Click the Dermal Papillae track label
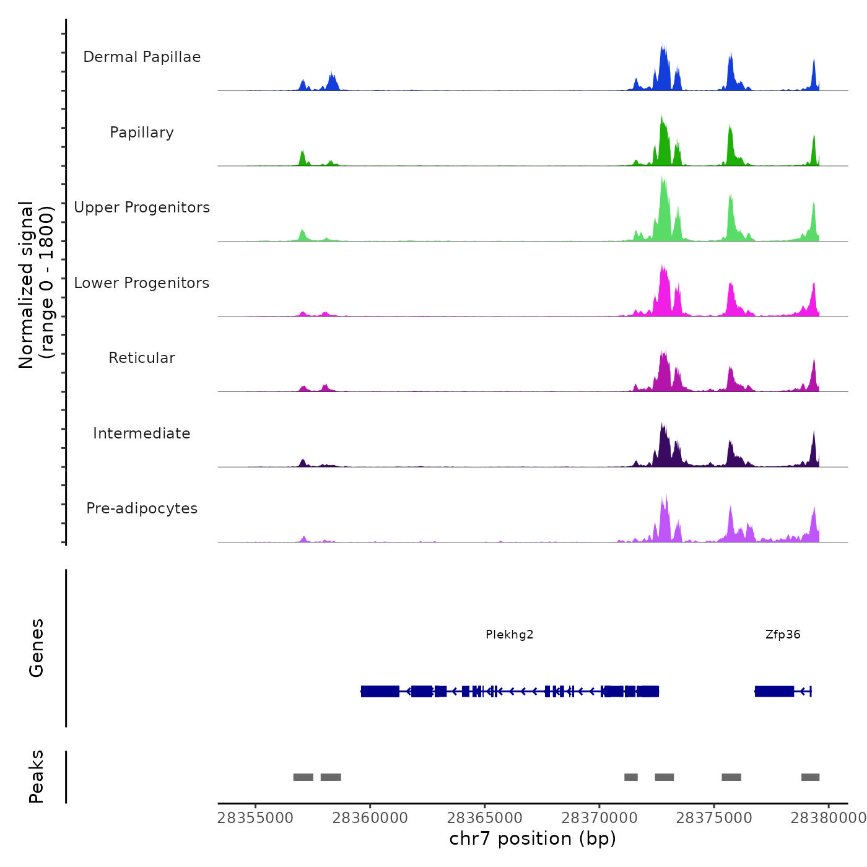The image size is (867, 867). pyautogui.click(x=142, y=57)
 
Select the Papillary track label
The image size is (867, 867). pyautogui.click(x=142, y=133)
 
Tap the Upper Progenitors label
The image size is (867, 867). pyautogui.click(x=142, y=207)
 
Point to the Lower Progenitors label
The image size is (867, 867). pyautogui.click(x=142, y=283)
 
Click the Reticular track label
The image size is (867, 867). pyautogui.click(x=142, y=358)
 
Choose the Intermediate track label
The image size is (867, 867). pyautogui.click(x=142, y=434)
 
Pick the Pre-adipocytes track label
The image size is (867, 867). pyautogui.click(x=142, y=508)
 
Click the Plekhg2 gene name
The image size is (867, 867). pyautogui.click(x=509, y=635)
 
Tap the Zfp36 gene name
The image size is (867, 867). pyautogui.click(x=783, y=635)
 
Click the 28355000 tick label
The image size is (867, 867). pyautogui.click(x=255, y=818)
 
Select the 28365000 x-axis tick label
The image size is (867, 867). pyautogui.click(x=485, y=818)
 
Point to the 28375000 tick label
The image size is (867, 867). pyautogui.click(x=714, y=818)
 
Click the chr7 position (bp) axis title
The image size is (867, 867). pyautogui.click(x=533, y=839)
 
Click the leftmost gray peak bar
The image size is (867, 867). pyautogui.click(x=303, y=777)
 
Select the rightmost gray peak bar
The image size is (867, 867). pyautogui.click(x=810, y=777)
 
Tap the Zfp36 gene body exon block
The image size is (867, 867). pyautogui.click(x=774, y=691)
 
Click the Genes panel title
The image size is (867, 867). pyautogui.click(x=37, y=648)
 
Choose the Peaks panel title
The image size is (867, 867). pyautogui.click(x=37, y=777)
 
